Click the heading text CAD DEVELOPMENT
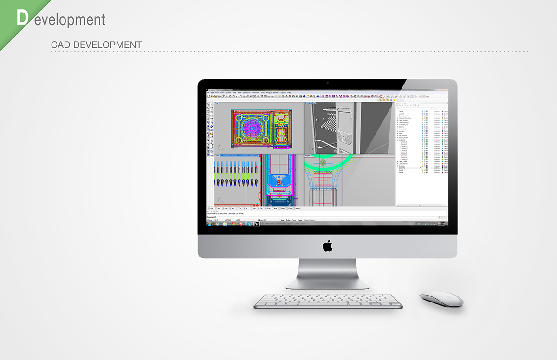(x=96, y=45)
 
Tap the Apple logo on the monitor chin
(x=328, y=245)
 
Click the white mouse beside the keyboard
(x=441, y=299)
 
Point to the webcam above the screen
(x=328, y=83)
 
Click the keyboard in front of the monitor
(x=328, y=301)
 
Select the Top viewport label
(x=216, y=103)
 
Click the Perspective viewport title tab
(x=310, y=103)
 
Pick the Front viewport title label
(x=217, y=156)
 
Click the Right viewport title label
(x=308, y=156)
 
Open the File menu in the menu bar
(x=208, y=93)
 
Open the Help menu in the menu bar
(x=289, y=93)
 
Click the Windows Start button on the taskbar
(x=209, y=224)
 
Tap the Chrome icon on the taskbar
(x=233, y=224)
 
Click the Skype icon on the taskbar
(x=249, y=224)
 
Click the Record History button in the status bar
(x=310, y=220)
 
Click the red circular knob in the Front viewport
(x=279, y=183)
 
